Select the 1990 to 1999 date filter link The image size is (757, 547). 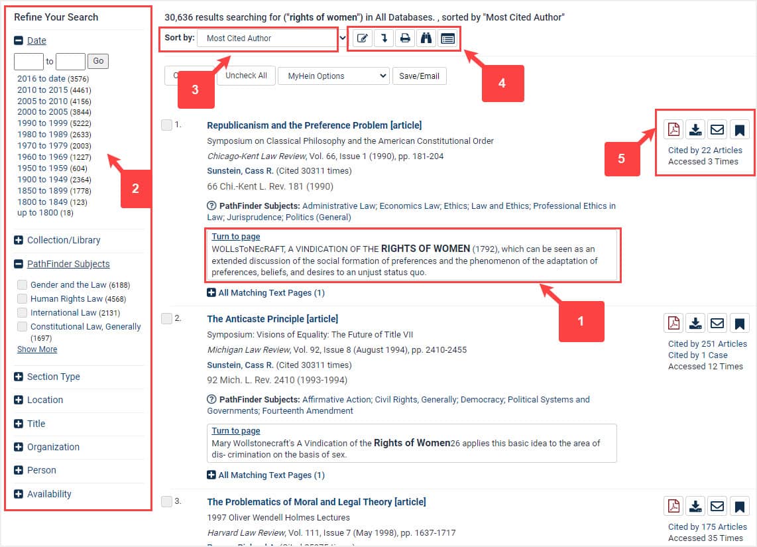click(x=42, y=123)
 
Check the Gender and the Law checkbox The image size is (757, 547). click(x=23, y=285)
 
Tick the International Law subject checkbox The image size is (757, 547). click(x=23, y=313)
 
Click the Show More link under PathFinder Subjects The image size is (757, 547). click(x=37, y=349)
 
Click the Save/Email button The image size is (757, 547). click(x=420, y=76)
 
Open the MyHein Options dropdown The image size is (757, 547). click(x=333, y=76)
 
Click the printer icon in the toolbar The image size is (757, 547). click(x=405, y=38)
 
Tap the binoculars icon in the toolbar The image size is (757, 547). click(x=426, y=38)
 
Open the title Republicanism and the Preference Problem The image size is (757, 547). click(x=314, y=125)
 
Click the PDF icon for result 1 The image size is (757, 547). click(x=673, y=129)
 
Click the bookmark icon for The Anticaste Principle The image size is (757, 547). click(x=740, y=323)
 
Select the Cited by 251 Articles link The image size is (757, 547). click(x=707, y=343)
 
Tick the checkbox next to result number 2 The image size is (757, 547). click(x=167, y=319)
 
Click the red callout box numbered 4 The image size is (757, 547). click(x=502, y=84)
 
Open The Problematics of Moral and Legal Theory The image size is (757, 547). click(x=316, y=502)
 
